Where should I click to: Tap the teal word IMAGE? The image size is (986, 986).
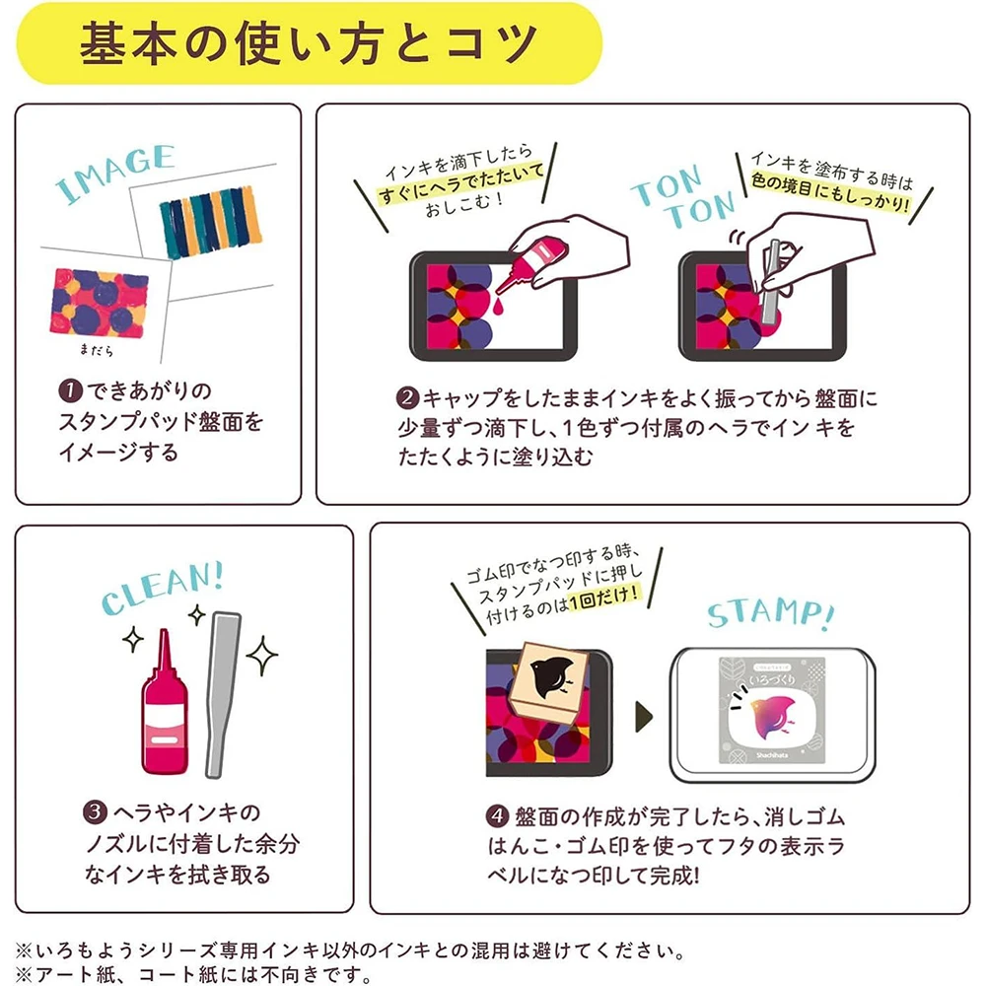(114, 173)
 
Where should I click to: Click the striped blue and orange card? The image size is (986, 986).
(209, 222)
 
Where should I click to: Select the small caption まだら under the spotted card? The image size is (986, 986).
(97, 350)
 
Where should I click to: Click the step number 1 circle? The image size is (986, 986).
(70, 390)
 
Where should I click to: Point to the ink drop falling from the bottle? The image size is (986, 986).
(499, 308)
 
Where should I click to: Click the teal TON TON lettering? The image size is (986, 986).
(682, 195)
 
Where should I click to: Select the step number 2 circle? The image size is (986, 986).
(407, 398)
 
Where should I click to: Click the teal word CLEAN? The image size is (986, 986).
(163, 588)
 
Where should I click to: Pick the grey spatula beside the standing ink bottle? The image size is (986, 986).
(220, 695)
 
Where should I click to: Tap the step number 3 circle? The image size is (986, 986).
(95, 811)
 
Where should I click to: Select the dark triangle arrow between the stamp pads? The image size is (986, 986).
(644, 716)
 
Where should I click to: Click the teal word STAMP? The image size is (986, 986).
(771, 614)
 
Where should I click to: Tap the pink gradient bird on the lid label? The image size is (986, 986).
(770, 715)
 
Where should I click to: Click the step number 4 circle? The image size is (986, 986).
(497, 816)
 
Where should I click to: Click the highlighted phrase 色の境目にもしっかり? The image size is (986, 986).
(829, 194)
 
